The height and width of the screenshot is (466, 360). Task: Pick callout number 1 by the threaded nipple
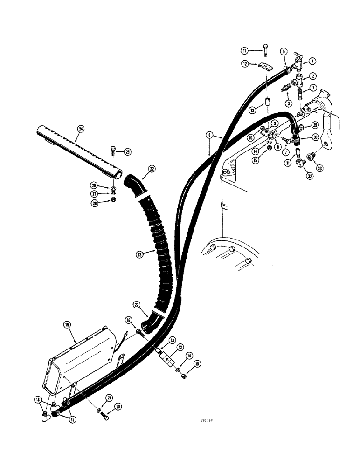(313, 87)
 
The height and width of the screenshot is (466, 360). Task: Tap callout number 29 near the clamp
(315, 124)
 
